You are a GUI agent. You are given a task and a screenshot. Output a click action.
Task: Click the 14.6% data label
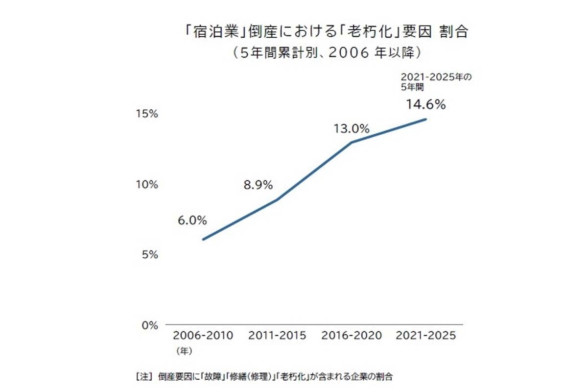pos(425,104)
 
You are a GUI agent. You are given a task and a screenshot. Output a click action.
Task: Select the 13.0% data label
pos(351,129)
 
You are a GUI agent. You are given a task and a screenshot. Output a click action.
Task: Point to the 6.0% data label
pos(192,220)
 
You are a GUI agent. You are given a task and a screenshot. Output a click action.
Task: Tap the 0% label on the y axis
pos(150,325)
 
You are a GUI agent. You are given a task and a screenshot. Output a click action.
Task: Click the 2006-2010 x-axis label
pos(203,336)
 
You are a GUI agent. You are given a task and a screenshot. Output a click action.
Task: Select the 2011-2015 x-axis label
pos(277,336)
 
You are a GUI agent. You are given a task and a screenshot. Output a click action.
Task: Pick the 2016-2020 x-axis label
pos(351,336)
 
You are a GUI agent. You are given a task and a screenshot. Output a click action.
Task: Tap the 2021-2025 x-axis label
pos(425,336)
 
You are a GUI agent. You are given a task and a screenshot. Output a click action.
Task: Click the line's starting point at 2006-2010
pos(203,240)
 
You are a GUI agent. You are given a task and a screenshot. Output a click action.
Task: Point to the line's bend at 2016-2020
pos(352,143)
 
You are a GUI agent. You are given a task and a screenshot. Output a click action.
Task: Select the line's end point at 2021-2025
pos(426,119)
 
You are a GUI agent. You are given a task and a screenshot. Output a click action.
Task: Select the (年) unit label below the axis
pos(183,351)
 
